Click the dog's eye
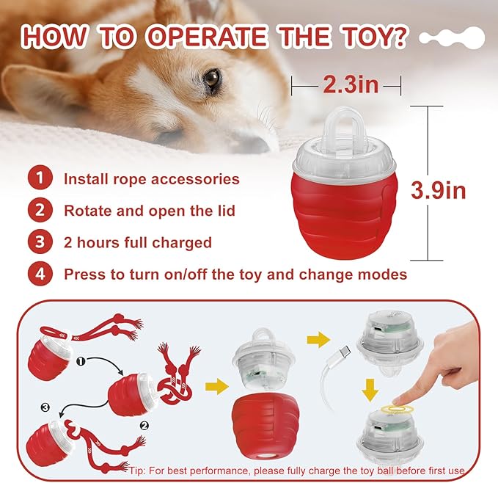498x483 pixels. coord(212,79)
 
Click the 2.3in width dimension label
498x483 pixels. coord(350,85)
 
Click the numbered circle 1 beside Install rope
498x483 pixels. coord(40,178)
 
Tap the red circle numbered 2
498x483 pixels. coord(40,211)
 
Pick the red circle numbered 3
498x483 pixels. coord(40,242)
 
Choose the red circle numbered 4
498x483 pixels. coord(40,275)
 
